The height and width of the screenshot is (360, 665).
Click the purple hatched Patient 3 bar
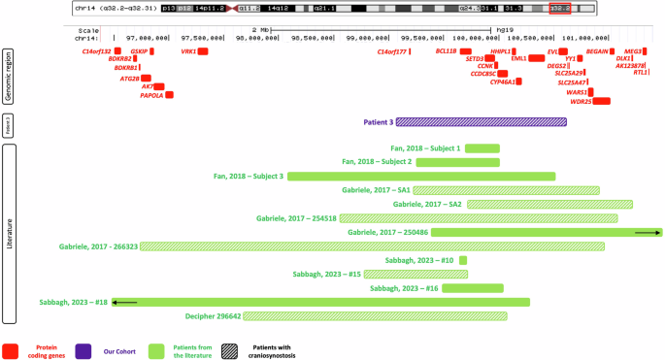point(481,122)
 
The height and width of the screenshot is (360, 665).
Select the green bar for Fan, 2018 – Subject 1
point(482,148)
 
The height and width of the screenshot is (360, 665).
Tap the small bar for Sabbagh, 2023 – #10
point(463,260)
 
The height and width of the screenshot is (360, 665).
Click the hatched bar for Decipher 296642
point(376,316)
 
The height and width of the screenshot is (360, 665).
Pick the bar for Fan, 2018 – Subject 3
point(421,177)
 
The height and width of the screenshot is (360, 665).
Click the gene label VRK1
point(188,51)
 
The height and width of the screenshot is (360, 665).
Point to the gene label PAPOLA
point(151,95)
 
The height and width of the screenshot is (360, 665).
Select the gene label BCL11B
point(446,51)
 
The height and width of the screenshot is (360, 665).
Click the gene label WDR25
point(581,101)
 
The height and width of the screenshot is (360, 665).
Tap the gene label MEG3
point(632,50)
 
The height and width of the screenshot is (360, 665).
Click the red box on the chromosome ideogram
point(559,9)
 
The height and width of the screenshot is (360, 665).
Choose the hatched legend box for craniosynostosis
point(231,350)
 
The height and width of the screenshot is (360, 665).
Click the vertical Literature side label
point(11,233)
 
